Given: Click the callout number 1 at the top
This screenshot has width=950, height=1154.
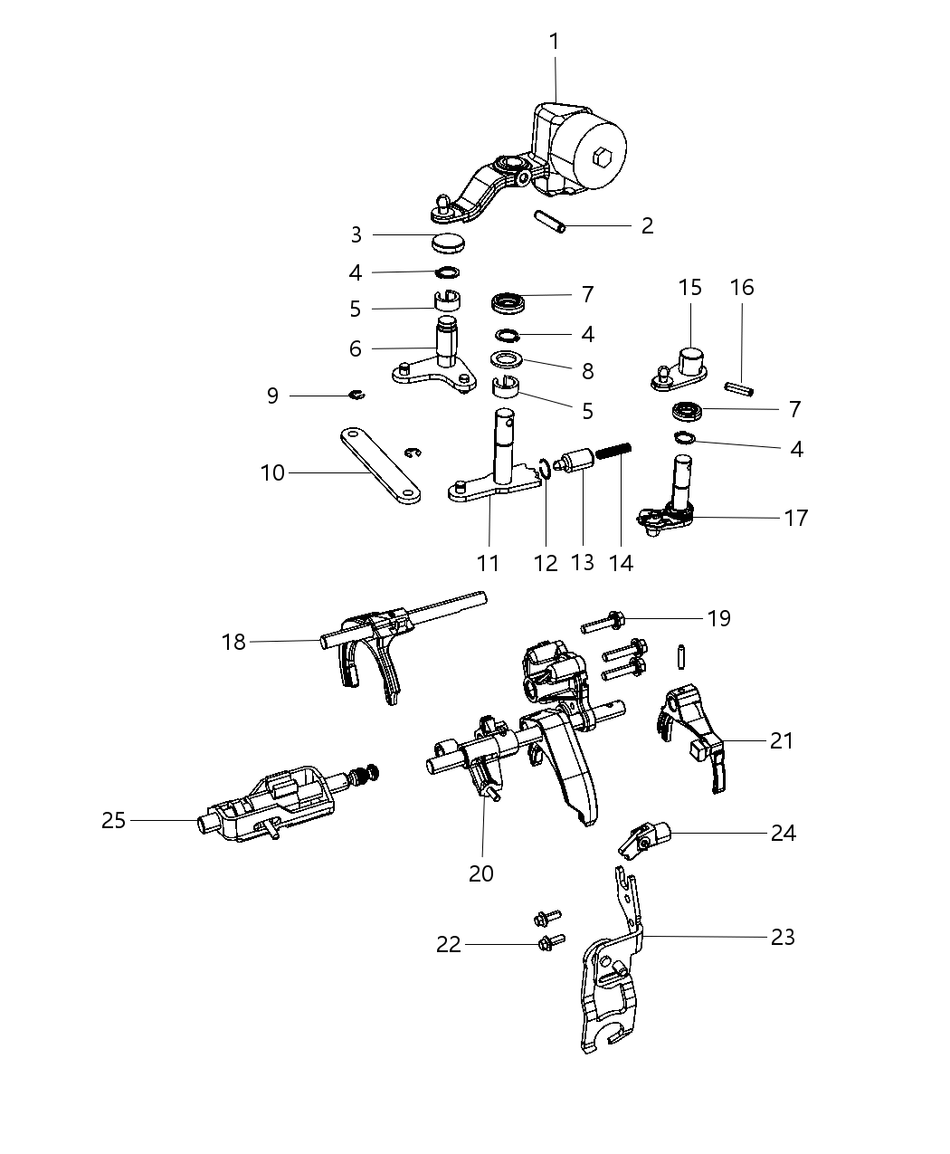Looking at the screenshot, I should point(554,41).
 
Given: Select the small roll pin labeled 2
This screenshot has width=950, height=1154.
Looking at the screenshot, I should point(549,222).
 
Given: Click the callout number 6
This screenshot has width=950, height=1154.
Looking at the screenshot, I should point(355,348).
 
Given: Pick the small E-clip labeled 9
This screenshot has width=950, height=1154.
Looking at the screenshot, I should point(358,394).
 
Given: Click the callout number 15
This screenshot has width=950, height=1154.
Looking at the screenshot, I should point(689,287).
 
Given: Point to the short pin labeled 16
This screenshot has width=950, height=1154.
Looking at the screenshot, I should point(739,387).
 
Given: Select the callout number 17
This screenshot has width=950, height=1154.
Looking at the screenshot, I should point(796,518).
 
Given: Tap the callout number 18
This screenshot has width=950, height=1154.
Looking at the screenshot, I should point(233,642).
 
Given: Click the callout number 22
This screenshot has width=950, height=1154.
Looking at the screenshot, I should point(449,944).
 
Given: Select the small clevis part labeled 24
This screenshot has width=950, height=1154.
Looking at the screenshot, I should point(641,839).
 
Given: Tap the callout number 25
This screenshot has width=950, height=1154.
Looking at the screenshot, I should point(113,820).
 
